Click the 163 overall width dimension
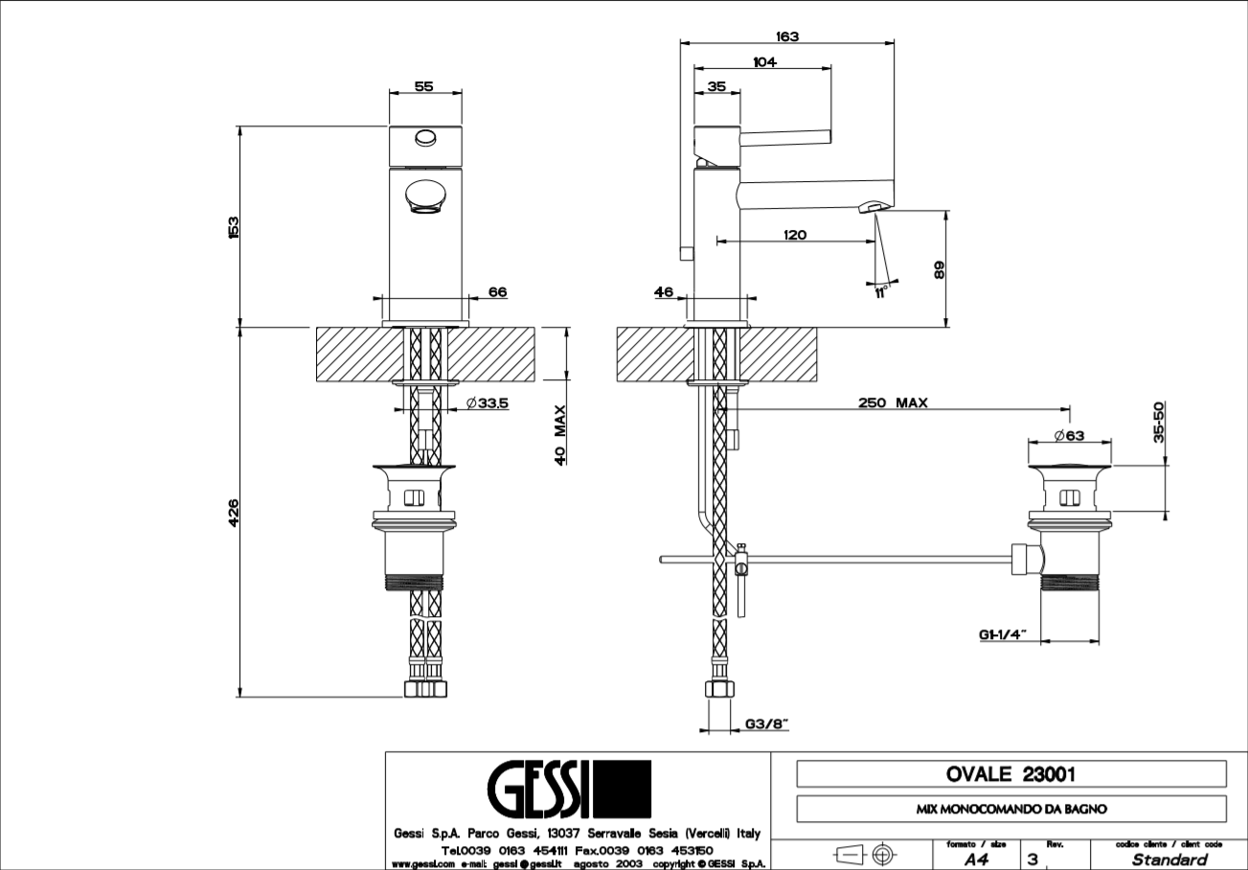coord(786,36)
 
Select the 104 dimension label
coord(764,62)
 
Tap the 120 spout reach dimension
coord(794,235)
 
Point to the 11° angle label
coord(881,292)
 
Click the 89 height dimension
coord(940,269)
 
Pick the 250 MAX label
coord(893,403)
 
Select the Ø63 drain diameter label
coord(1068,435)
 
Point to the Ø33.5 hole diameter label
coord(488,404)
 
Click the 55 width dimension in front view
coord(423,86)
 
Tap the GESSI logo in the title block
coord(569,791)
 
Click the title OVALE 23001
coord(1010,774)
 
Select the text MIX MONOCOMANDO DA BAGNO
coord(1011,809)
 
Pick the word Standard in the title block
coord(1169,859)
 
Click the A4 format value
coord(976,859)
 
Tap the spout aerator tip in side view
coord(873,207)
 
